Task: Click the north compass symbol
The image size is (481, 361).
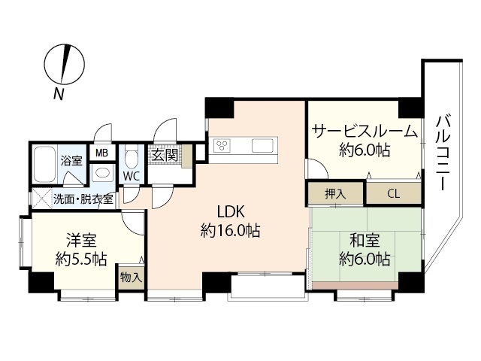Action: click(64, 64)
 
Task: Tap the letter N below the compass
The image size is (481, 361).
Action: click(57, 93)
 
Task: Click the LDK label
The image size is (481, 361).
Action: click(230, 211)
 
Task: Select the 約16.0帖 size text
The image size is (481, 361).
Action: click(230, 231)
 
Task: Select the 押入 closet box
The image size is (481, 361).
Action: click(335, 193)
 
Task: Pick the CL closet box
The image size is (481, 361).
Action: click(393, 193)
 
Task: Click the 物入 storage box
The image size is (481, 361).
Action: click(131, 277)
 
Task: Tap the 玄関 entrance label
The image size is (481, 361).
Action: click(164, 156)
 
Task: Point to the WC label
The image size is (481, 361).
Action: click(131, 175)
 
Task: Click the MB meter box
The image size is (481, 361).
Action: click(101, 153)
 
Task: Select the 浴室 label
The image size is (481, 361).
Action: click(71, 160)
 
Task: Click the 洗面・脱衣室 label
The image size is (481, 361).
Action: click(83, 199)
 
